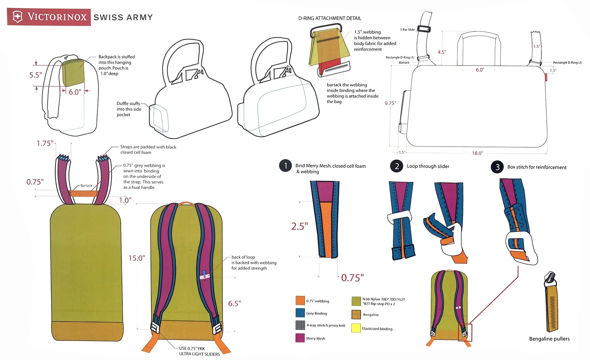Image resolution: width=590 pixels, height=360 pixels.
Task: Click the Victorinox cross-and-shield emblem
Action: pos(18,17)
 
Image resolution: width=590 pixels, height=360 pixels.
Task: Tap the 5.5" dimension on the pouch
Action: pos(35,75)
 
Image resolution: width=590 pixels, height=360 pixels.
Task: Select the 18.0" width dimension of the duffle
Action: pos(477,153)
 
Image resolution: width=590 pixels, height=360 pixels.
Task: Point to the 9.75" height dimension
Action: pos(390,103)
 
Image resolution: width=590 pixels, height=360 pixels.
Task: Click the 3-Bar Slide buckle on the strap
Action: pos(424,29)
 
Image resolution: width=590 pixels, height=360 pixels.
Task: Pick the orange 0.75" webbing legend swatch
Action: pos(300,301)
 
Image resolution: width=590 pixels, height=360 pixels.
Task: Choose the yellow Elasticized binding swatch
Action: pos(356,328)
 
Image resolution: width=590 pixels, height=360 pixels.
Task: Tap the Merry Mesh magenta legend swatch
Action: pos(300,338)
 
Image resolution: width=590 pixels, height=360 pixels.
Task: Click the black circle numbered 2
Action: pos(397,166)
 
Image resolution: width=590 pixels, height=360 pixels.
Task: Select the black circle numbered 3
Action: pos(497,167)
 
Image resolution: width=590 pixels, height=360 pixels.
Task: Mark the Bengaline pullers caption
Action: pos(549,339)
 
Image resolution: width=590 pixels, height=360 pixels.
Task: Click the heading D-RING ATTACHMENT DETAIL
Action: pos(330,18)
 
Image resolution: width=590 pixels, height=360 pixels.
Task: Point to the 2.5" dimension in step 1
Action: pos(300,226)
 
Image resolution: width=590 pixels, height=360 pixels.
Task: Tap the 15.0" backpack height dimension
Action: pos(137,258)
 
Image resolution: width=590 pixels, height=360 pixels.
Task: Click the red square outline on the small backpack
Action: pos(465,332)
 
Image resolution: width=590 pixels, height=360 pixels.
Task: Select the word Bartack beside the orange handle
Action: pos(86,186)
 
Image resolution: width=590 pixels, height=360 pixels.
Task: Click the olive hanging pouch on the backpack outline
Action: pos(73,73)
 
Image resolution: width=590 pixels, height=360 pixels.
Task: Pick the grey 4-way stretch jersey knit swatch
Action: pos(300,325)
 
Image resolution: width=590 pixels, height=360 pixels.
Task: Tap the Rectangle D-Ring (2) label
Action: pos(567,63)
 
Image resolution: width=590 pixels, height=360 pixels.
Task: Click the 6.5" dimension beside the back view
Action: pos(234,304)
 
